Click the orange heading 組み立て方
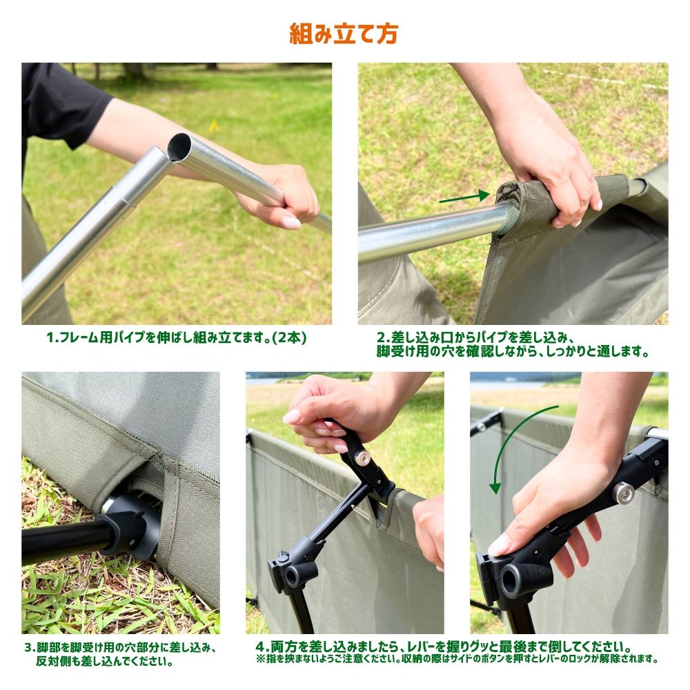pos(344,34)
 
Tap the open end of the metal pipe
pos(180,148)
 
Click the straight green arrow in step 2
pos(464,197)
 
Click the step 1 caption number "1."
pos(52,337)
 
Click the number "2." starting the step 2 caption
pos(383,338)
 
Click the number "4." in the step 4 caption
pos(262,647)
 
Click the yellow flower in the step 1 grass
pos(214,126)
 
